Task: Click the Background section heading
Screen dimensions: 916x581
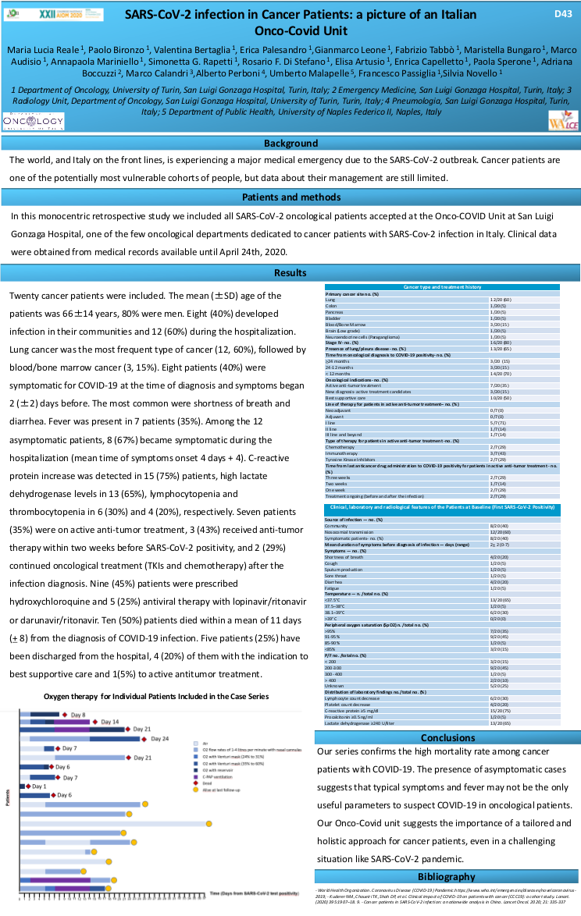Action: pyautogui.click(x=290, y=144)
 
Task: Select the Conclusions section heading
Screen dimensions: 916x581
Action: pyautogui.click(x=447, y=737)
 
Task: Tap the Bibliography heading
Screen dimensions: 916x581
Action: pyautogui.click(x=447, y=876)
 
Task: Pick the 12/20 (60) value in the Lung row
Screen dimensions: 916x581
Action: pyautogui.click(x=501, y=300)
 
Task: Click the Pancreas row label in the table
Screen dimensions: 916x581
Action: pyautogui.click(x=334, y=312)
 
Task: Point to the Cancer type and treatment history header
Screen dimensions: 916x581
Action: pyautogui.click(x=442, y=287)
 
